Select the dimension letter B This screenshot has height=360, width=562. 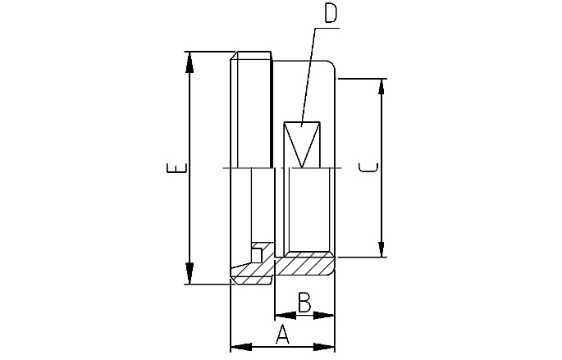(x=304, y=303)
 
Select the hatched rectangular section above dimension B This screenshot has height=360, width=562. (x=304, y=265)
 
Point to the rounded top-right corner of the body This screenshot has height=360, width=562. (x=331, y=65)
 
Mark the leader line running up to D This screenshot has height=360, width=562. (x=305, y=74)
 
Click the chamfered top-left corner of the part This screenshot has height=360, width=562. (x=234, y=57)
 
